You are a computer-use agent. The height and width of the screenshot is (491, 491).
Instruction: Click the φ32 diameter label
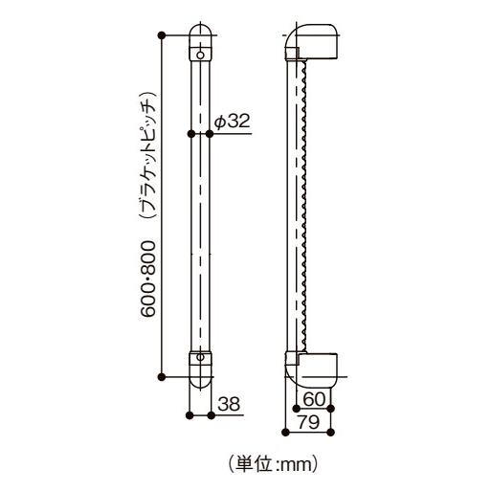(233, 122)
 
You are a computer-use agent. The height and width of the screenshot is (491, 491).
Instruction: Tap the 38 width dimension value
(228, 404)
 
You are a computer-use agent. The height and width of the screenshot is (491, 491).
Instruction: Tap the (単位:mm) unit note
(272, 465)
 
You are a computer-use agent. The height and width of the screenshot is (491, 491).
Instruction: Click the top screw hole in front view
(199, 56)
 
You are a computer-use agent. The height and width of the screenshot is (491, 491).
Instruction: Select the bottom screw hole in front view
(199, 359)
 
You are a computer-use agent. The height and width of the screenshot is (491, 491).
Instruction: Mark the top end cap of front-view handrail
(199, 38)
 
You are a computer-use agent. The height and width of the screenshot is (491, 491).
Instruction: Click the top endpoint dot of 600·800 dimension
(164, 36)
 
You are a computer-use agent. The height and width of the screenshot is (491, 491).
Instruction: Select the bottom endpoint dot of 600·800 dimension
(164, 377)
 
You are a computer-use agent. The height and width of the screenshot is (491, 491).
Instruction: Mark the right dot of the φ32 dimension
(211, 134)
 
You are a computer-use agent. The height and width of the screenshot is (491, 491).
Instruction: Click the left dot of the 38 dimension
(189, 415)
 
